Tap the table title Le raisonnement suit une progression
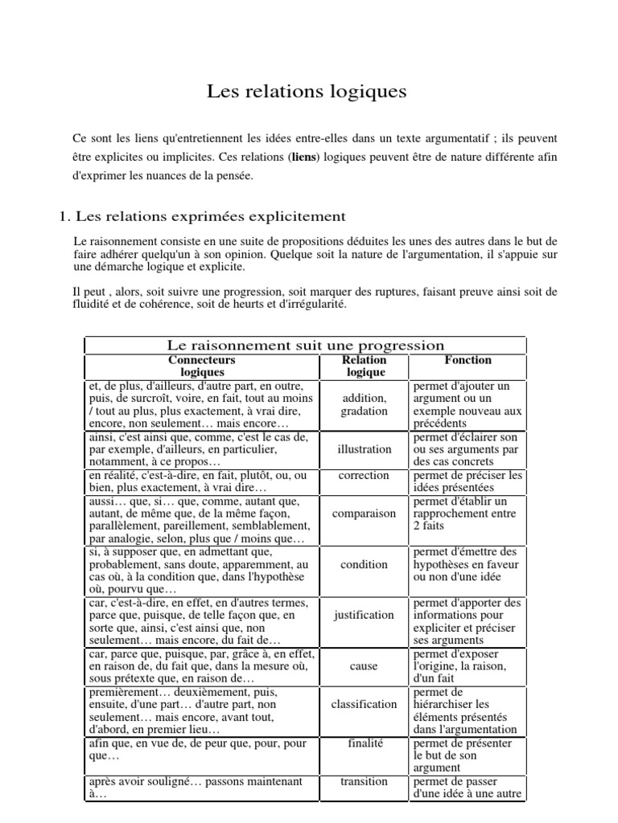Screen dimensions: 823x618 pyautogui.click(x=305, y=346)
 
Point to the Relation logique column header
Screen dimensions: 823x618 pyautogui.click(x=365, y=366)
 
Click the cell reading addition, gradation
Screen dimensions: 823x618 pyautogui.click(x=365, y=404)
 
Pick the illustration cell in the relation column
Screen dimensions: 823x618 pyautogui.click(x=365, y=449)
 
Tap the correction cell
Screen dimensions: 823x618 pyautogui.click(x=365, y=475)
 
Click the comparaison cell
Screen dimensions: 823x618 pyautogui.click(x=365, y=513)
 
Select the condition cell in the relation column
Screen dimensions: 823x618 pyautogui.click(x=365, y=564)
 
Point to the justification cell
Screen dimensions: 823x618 pyautogui.click(x=365, y=615)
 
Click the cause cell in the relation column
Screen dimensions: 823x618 pyautogui.click(x=365, y=666)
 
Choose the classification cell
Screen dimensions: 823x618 pyautogui.click(x=365, y=704)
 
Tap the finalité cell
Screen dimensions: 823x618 pyautogui.click(x=365, y=744)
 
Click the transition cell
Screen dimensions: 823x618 pyautogui.click(x=365, y=780)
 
